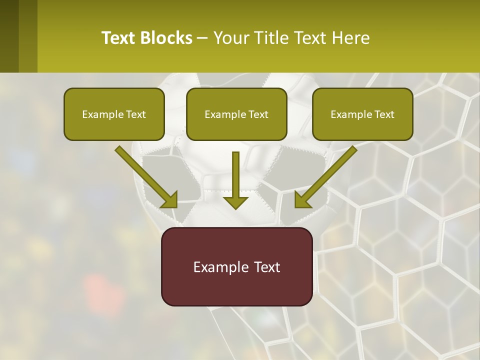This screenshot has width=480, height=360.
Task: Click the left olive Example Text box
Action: point(114,114)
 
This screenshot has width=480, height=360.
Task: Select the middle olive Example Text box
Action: point(236,114)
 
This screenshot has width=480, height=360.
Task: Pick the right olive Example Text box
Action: point(362,114)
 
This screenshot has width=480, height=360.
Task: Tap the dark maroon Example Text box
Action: point(236,266)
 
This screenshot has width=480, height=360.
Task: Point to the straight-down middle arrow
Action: point(235,175)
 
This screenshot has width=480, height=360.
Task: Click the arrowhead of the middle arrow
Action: point(235,202)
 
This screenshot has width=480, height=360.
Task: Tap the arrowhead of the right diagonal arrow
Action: point(302,200)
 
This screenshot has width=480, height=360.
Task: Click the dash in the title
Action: point(203,38)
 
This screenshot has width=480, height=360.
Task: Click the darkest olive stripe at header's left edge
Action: point(9,36)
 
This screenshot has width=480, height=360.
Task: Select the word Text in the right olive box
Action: point(383,114)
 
